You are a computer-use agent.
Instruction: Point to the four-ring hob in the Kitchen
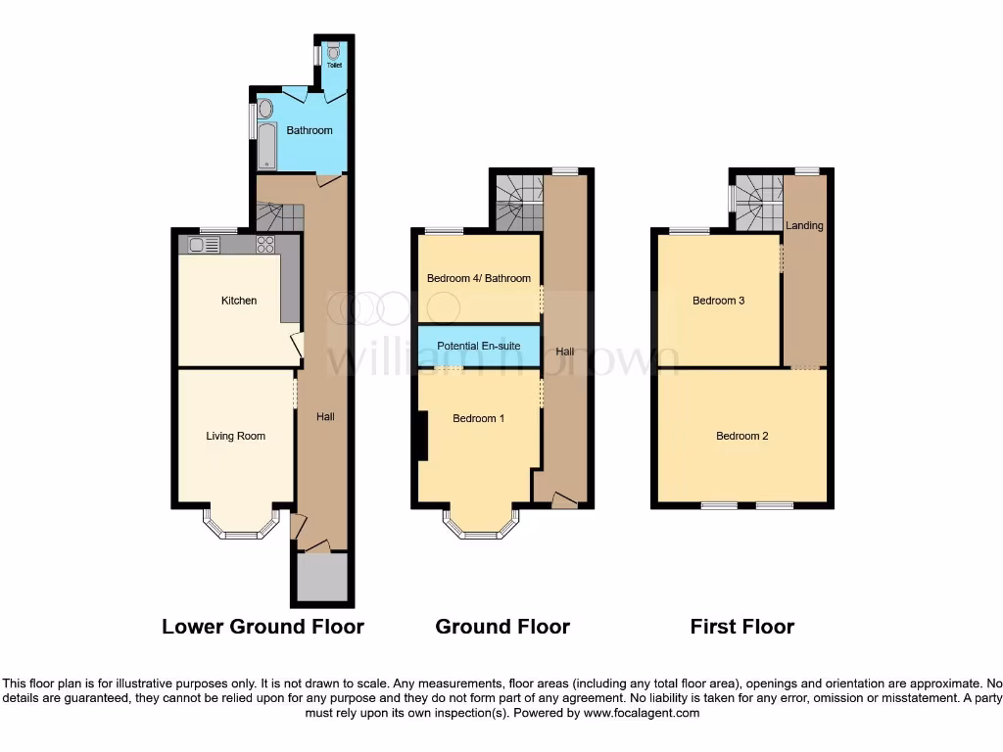(265, 245)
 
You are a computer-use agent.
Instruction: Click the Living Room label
(235, 436)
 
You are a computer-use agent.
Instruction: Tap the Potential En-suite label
(479, 346)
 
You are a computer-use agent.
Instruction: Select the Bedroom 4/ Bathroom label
(479, 278)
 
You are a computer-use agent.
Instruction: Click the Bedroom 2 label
(741, 436)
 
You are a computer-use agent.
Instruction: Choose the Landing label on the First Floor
(804, 225)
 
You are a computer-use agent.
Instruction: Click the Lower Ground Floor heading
(263, 627)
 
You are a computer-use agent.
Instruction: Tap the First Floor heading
(741, 627)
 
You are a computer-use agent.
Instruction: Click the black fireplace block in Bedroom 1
(422, 436)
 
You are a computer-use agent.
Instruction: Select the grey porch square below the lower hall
(319, 578)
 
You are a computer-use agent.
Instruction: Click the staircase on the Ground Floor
(517, 201)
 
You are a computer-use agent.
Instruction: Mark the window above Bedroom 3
(691, 231)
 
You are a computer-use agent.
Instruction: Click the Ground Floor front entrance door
(562, 501)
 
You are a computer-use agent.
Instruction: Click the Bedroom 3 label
(718, 301)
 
